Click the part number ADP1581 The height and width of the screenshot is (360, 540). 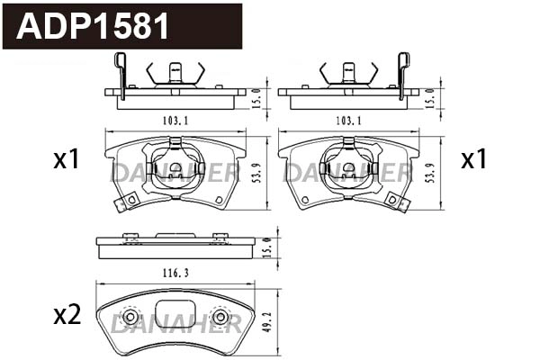click(94, 26)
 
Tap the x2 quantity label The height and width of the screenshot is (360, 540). click(67, 315)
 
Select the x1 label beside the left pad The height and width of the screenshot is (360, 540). click(67, 160)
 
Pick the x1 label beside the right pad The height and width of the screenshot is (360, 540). click(473, 160)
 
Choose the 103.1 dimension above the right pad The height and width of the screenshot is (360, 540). click(347, 120)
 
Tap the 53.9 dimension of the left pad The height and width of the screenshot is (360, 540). click(256, 173)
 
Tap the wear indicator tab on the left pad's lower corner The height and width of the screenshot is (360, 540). click(125, 202)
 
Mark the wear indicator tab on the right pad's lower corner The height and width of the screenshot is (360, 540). click(399, 202)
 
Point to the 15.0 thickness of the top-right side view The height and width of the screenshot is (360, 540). click(431, 97)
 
